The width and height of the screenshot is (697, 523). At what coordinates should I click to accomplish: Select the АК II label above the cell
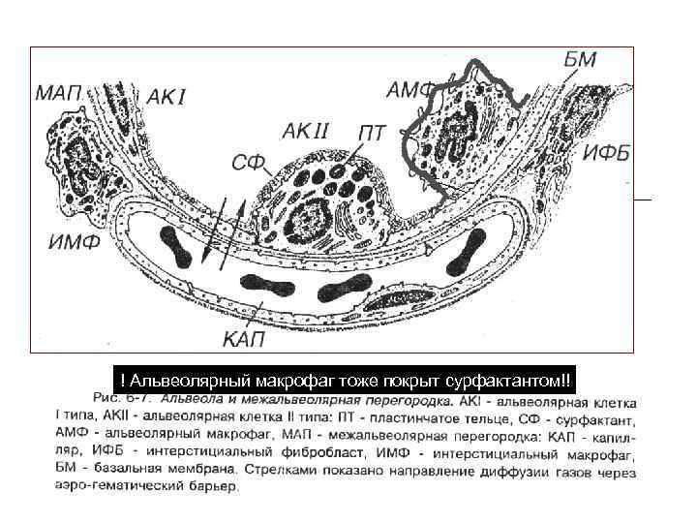click(308, 128)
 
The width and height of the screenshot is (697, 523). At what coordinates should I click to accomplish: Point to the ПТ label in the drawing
click(373, 131)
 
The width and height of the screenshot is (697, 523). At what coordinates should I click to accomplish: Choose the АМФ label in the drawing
click(411, 91)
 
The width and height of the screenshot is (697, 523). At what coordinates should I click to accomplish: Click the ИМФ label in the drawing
click(75, 243)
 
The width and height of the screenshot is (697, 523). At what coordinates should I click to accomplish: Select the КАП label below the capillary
click(246, 338)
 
